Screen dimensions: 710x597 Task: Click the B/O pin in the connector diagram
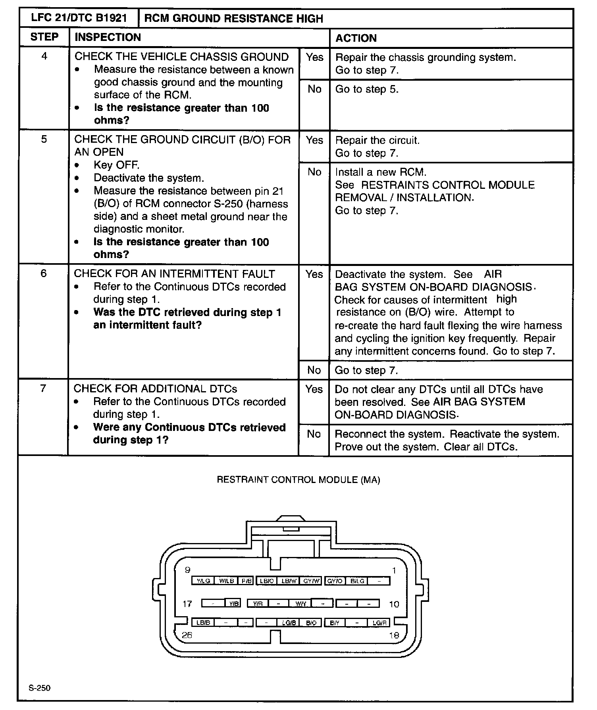311,623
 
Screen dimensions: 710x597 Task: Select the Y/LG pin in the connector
203,581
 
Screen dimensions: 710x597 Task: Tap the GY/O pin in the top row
335,581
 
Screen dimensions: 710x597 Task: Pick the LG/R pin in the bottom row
379,623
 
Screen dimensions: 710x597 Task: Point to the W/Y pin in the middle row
300,603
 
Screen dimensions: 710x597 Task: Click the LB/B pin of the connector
203,623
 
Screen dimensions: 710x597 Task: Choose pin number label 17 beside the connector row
187,604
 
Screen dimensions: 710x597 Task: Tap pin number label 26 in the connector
187,635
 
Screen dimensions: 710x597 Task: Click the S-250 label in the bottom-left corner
39,688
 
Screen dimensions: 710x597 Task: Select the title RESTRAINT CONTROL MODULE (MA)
298,480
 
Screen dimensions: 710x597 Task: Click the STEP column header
44,37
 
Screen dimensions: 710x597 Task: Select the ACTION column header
356,38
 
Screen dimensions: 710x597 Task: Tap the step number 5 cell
44,139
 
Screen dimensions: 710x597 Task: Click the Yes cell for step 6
314,274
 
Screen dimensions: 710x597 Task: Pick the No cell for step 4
314,89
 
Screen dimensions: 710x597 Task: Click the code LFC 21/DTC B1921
79,18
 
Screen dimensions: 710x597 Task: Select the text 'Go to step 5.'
367,89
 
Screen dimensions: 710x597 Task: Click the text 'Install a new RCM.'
381,172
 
